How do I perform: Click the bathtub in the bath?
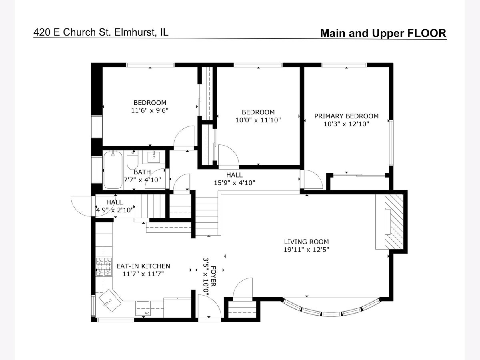click(x=113, y=170)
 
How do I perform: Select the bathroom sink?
click(x=154, y=157)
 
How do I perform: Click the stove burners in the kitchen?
click(x=104, y=267)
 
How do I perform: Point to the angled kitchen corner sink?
click(x=110, y=300)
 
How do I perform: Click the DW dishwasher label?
click(x=147, y=314)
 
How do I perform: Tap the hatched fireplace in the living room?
click(x=394, y=222)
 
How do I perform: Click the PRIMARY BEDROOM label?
click(x=346, y=116)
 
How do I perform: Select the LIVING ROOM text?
click(x=306, y=242)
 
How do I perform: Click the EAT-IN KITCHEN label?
click(x=143, y=266)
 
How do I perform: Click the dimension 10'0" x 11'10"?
click(x=258, y=120)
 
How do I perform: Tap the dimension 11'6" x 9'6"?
click(x=150, y=110)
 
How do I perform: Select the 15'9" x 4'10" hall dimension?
click(x=234, y=183)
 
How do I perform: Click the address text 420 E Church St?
click(x=72, y=32)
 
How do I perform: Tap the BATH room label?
click(x=142, y=172)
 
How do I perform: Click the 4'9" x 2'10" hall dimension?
click(x=114, y=210)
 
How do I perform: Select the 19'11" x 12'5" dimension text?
click(x=306, y=250)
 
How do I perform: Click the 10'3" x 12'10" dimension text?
click(x=346, y=124)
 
